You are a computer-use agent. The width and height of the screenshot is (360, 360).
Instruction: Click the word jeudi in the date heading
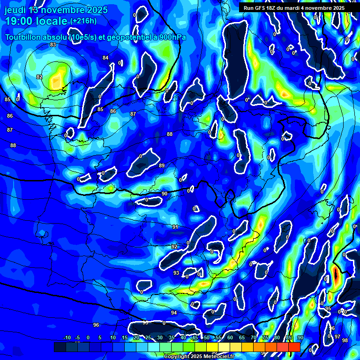15,10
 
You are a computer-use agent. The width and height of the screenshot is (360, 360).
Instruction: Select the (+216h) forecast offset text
83,21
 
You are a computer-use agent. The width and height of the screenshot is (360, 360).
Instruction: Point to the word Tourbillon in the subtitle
23,37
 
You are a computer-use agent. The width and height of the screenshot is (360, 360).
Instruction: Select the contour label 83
53,45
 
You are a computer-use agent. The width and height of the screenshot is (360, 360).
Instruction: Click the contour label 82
39,77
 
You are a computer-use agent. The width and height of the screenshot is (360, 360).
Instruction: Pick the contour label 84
105,58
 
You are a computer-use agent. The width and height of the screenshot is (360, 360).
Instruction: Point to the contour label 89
162,166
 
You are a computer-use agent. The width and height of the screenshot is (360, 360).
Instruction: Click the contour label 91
175,227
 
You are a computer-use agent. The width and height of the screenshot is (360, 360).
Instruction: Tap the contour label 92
174,247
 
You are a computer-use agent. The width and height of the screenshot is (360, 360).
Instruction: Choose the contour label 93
176,273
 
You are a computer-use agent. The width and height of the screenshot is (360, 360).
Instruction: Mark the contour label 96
96,325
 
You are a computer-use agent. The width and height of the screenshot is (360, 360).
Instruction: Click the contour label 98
345,340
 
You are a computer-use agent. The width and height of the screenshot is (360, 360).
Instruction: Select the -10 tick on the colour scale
67,337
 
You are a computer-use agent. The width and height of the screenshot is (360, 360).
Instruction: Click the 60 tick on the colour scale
230,337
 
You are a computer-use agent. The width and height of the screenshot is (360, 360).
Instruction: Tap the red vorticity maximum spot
336,275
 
